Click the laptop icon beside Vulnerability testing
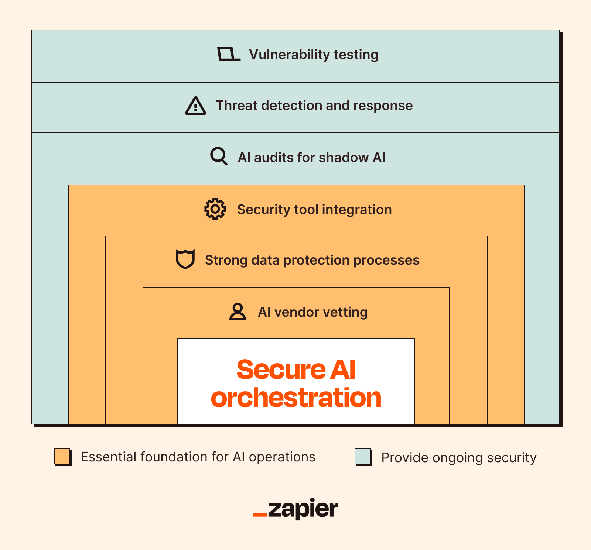tap(228, 54)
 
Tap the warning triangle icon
tap(195, 106)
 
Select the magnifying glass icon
tap(219, 157)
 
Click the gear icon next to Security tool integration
tap(215, 209)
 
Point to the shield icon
tap(185, 259)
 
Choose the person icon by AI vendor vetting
tap(238, 312)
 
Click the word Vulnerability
tap(289, 54)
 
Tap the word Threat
tap(236, 106)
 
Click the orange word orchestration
tap(296, 398)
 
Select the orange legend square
tap(62, 457)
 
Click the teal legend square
tap(363, 457)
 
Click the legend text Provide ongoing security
tap(458, 458)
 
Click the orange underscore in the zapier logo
tap(260, 515)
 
